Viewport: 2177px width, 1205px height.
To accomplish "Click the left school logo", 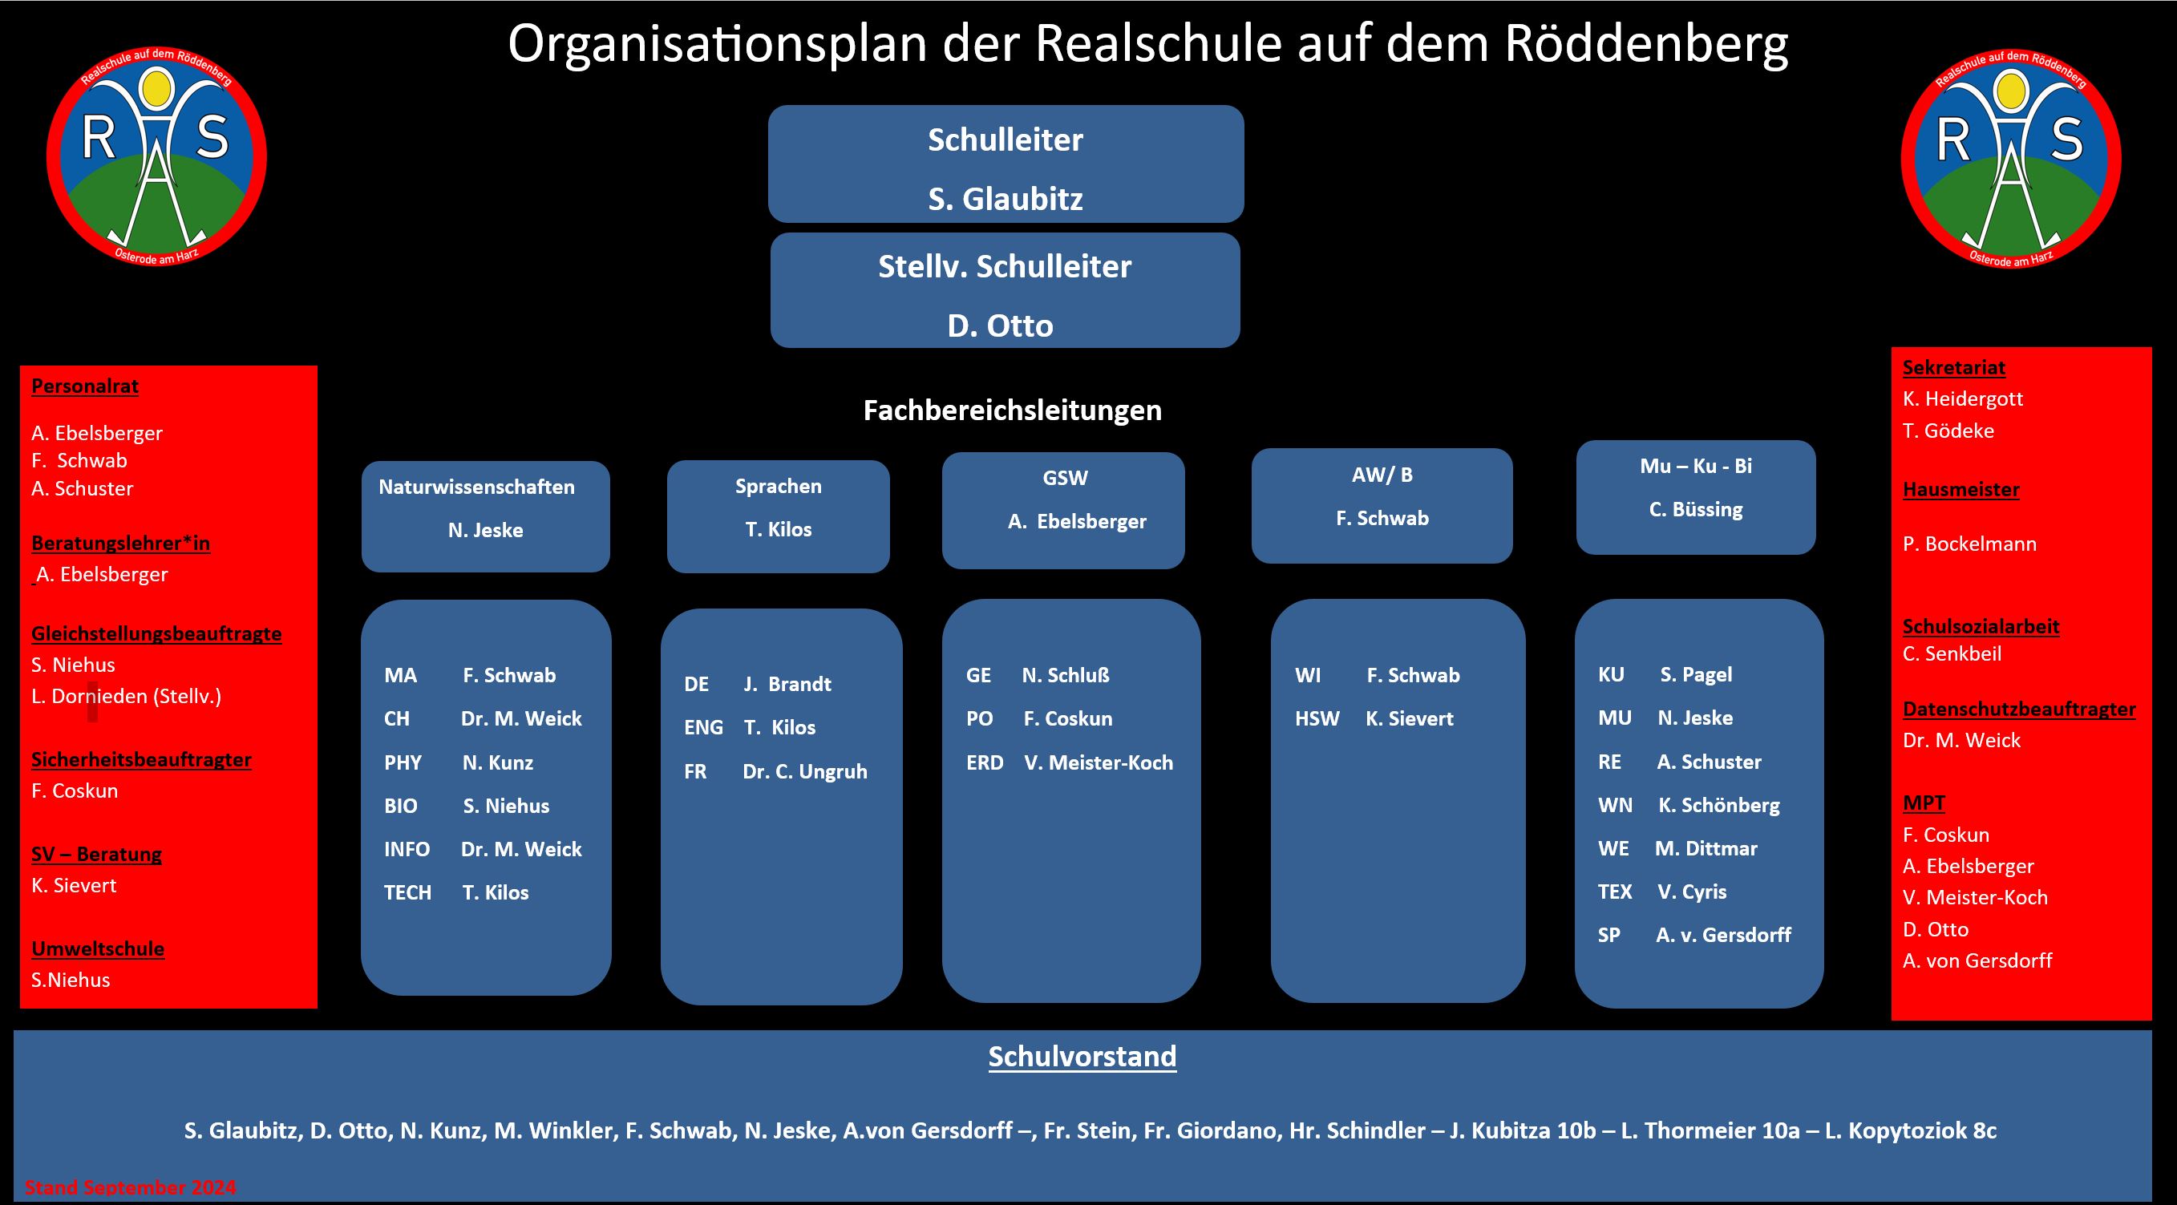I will click(156, 156).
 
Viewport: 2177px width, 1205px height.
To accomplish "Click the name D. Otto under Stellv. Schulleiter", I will click(1000, 326).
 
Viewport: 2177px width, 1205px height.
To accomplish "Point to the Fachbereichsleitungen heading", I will click(1012, 410).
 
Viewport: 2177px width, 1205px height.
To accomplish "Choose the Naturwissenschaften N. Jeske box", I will click(485, 516).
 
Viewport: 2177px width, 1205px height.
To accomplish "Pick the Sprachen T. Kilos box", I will click(778, 516).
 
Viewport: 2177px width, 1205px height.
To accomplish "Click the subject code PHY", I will click(403, 762).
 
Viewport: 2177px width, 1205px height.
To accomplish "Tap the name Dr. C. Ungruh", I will click(804, 771).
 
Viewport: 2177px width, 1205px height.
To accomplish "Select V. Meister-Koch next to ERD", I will click(1098, 762).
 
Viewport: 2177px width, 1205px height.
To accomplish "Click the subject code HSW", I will click(1317, 718).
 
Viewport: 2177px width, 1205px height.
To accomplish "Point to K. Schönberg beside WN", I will click(1718, 805).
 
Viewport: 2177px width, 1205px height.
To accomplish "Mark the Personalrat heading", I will click(84, 386).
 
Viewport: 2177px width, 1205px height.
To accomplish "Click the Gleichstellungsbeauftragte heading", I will click(156, 633).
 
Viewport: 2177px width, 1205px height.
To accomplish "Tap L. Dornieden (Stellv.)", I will click(126, 696).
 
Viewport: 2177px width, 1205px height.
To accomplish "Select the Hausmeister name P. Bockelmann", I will click(1969, 544).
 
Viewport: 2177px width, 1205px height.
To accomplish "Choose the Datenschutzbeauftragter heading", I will click(2018, 709).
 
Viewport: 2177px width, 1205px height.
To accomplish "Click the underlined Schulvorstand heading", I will click(1082, 1056).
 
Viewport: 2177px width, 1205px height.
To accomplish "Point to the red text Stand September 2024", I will click(130, 1187).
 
